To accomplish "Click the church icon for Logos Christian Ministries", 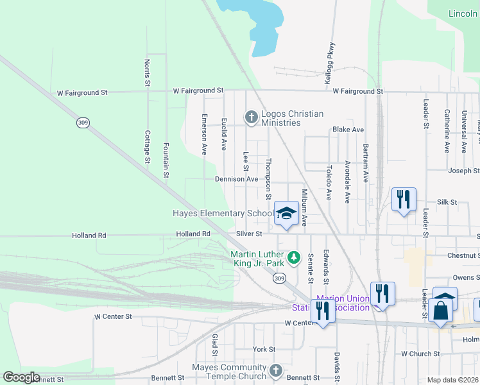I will pos(251,117).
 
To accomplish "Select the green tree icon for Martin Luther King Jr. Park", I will pos(294,257).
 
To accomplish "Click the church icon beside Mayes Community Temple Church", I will pos(275,371).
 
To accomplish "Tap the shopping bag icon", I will pos(443,310).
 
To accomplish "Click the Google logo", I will pos(21,377).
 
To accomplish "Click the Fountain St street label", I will pos(166,160).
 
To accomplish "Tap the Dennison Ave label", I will pos(236,179).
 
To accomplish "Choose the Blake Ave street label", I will pos(348,130).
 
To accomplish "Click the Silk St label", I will pos(447,201).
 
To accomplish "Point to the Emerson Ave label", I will pos(204,134).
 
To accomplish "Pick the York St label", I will pos(264,349).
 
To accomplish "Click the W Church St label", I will pos(420,354).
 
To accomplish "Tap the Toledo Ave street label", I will pos(328,182).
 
